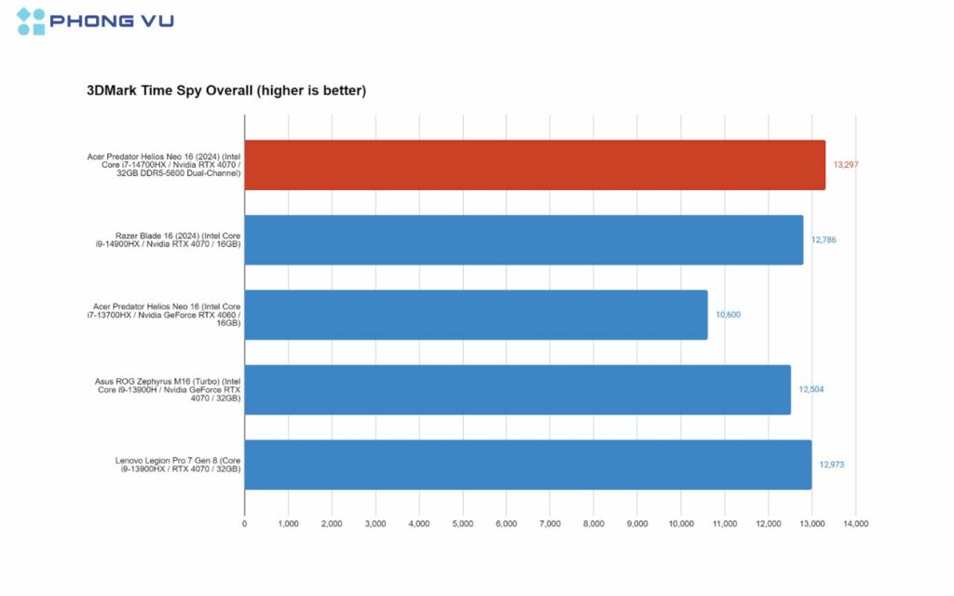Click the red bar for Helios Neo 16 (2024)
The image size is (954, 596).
535,165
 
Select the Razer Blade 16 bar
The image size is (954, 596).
524,239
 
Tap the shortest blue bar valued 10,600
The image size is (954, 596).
476,315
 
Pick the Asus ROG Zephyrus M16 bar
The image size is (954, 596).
517,389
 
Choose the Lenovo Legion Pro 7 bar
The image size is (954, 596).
527,465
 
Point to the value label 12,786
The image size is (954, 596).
824,239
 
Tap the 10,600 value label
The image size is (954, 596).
729,315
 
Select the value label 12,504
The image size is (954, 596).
811,389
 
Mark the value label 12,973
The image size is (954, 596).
832,465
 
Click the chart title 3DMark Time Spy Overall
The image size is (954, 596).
226,91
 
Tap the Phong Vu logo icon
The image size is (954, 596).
31,21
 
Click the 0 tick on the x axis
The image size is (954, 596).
244,524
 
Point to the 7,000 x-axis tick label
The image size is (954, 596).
550,524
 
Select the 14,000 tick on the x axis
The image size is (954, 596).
855,524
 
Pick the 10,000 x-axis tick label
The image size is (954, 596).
681,524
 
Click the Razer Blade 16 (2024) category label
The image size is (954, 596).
179,239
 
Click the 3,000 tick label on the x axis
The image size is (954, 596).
375,524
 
